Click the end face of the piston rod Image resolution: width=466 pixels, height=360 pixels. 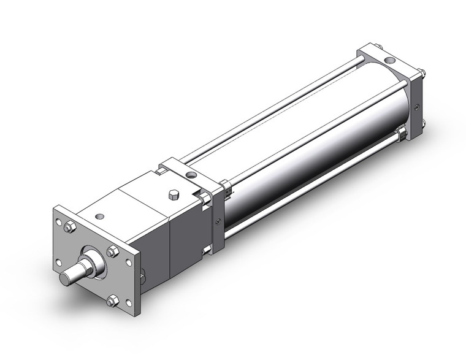coord(66,278)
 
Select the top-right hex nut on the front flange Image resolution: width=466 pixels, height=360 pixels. coord(113,250)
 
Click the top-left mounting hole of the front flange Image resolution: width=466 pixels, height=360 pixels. coord(59,216)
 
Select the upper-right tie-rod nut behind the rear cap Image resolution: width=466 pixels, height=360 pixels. coord(422,76)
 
